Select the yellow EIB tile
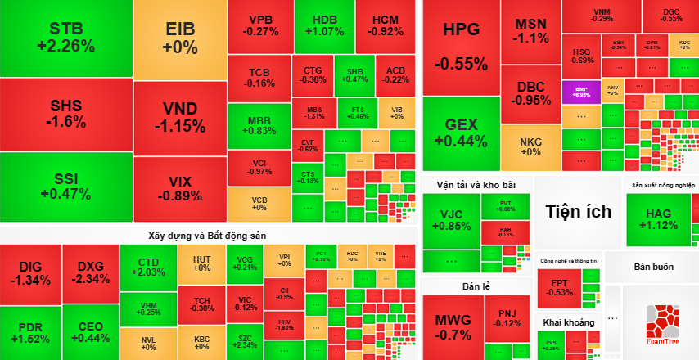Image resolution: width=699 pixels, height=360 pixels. tap(180, 38)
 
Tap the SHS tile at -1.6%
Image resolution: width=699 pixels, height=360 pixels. tap(67, 114)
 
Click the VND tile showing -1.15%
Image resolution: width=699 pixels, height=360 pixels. tap(179, 118)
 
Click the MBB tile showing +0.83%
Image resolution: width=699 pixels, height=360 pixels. tap(260, 124)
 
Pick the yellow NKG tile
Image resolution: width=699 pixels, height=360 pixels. tap(530, 146)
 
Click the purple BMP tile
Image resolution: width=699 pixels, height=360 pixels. tap(582, 90)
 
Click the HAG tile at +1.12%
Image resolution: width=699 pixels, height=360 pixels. tap(658, 219)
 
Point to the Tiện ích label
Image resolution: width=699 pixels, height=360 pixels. tap(579, 212)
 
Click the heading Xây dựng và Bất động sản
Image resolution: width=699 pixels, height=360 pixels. tap(208, 235)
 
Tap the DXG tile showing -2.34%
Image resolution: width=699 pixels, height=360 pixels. tap(92, 272)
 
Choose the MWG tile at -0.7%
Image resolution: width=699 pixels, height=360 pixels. tap(453, 326)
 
